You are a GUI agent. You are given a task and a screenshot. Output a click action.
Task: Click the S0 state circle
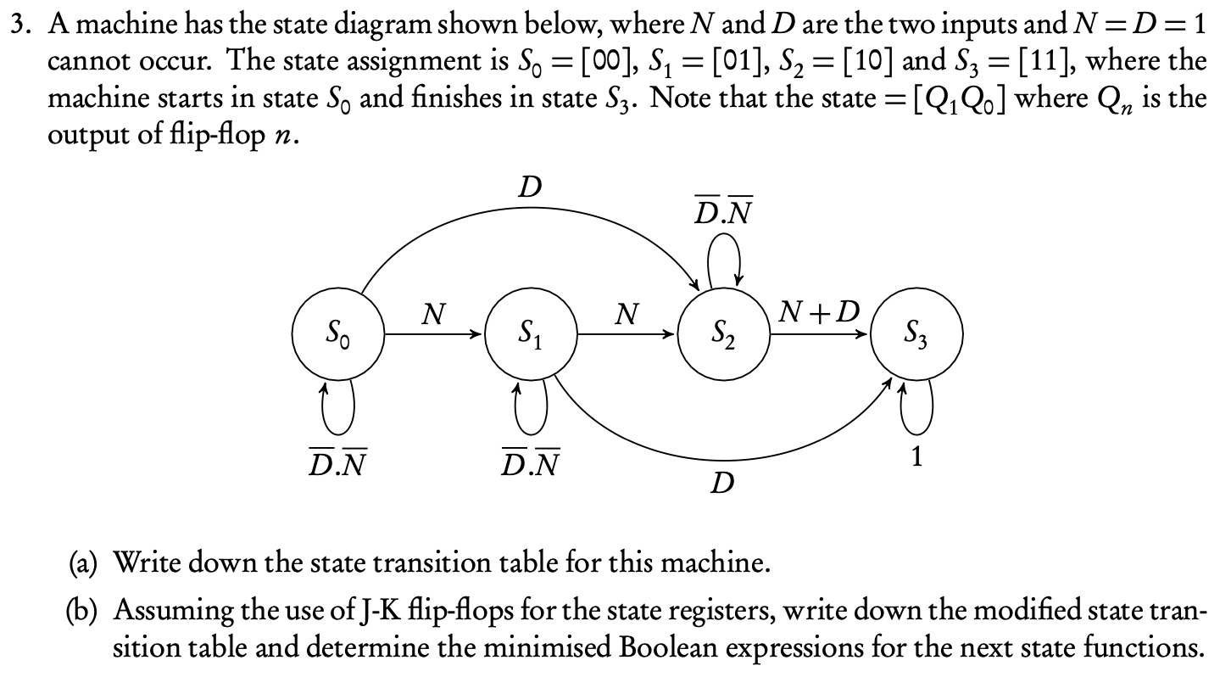(x=338, y=334)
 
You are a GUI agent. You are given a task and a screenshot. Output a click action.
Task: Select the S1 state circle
(x=530, y=334)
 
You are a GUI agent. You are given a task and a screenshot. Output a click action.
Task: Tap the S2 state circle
(x=721, y=334)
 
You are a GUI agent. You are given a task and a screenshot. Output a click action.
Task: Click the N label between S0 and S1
(x=433, y=316)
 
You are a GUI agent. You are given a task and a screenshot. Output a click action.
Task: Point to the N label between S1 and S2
(x=626, y=316)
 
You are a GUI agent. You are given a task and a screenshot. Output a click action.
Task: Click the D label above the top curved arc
(x=531, y=186)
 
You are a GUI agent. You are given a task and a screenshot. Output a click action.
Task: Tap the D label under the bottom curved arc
(x=721, y=484)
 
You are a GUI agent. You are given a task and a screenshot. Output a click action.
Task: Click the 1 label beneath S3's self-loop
(x=916, y=456)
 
